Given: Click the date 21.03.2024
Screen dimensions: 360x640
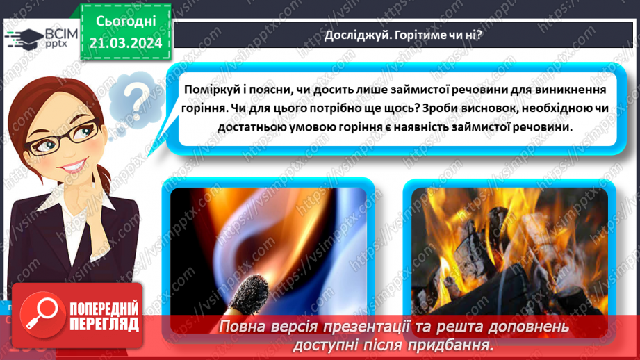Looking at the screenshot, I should (126, 43).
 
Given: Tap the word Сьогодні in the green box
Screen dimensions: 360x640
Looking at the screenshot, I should (126, 20).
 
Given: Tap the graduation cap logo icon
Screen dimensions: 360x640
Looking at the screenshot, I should (22, 35).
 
